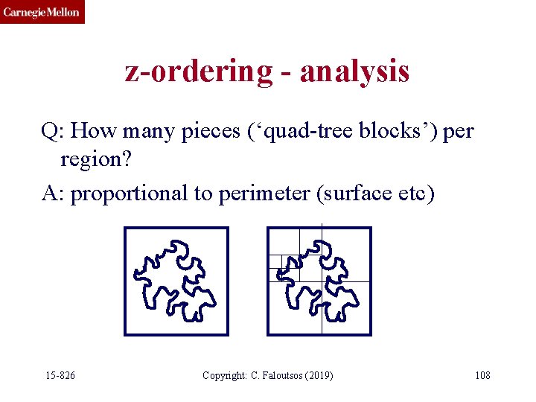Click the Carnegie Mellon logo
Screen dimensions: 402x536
point(42,12)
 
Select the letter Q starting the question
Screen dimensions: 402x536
point(51,132)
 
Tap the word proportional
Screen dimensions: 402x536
point(129,193)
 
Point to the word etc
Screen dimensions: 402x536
point(413,193)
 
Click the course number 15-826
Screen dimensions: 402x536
point(60,375)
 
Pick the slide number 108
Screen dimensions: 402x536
point(482,375)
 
